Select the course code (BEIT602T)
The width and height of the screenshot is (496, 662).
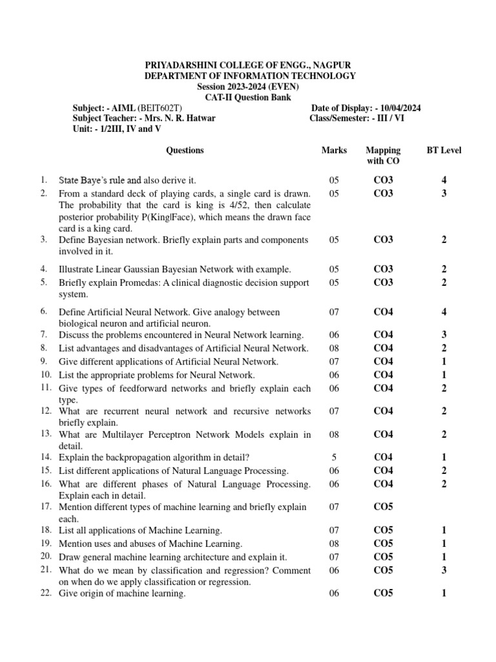[x=158, y=108]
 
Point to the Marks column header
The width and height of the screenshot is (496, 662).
[x=334, y=150]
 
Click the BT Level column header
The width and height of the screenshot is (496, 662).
[x=444, y=150]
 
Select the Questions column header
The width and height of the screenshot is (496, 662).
[x=185, y=150]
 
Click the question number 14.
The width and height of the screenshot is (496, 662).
[x=45, y=456]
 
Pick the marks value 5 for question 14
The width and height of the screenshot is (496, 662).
[x=334, y=457]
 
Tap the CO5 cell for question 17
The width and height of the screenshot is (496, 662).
[x=383, y=507]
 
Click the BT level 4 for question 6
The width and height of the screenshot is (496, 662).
[x=444, y=312]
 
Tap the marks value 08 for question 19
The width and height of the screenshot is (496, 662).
[x=334, y=544]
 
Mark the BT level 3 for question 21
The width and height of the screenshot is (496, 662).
[x=444, y=570]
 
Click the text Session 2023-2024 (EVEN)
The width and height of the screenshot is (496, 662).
[x=249, y=87]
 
